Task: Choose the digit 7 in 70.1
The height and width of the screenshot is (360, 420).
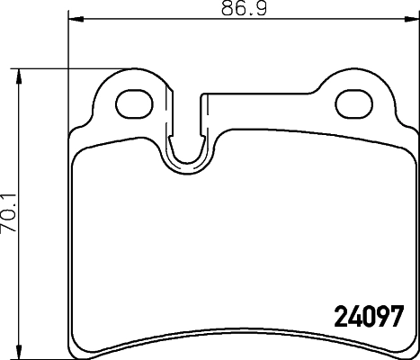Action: click(x=9, y=229)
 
